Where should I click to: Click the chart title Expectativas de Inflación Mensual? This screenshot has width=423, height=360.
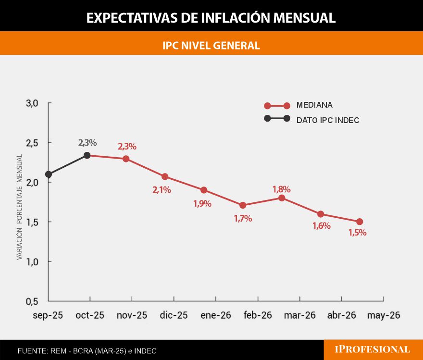(211, 18)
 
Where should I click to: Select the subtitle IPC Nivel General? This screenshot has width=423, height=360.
(211, 45)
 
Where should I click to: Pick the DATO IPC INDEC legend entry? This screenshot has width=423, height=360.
(327, 120)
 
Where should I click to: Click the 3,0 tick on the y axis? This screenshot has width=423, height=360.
(32, 103)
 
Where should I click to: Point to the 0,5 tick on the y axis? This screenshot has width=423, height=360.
(32, 301)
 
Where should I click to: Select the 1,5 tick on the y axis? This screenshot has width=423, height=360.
(32, 222)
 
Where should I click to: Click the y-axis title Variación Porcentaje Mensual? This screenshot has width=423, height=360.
(20, 207)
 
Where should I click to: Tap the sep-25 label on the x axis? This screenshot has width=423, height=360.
(48, 315)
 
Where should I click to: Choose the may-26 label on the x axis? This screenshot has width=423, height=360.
(383, 315)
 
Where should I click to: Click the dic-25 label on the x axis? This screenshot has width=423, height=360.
(174, 315)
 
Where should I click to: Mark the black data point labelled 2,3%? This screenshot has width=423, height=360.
(87, 155)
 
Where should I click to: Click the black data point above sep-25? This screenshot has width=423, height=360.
(48, 174)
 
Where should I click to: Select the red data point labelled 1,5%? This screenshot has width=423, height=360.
(360, 222)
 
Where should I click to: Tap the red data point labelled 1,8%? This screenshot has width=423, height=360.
(282, 198)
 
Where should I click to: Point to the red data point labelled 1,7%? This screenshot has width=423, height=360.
(243, 205)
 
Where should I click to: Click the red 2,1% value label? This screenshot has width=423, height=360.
(162, 190)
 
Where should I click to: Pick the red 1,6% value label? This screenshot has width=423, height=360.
(321, 226)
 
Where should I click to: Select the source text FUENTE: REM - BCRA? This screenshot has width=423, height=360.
(87, 351)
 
